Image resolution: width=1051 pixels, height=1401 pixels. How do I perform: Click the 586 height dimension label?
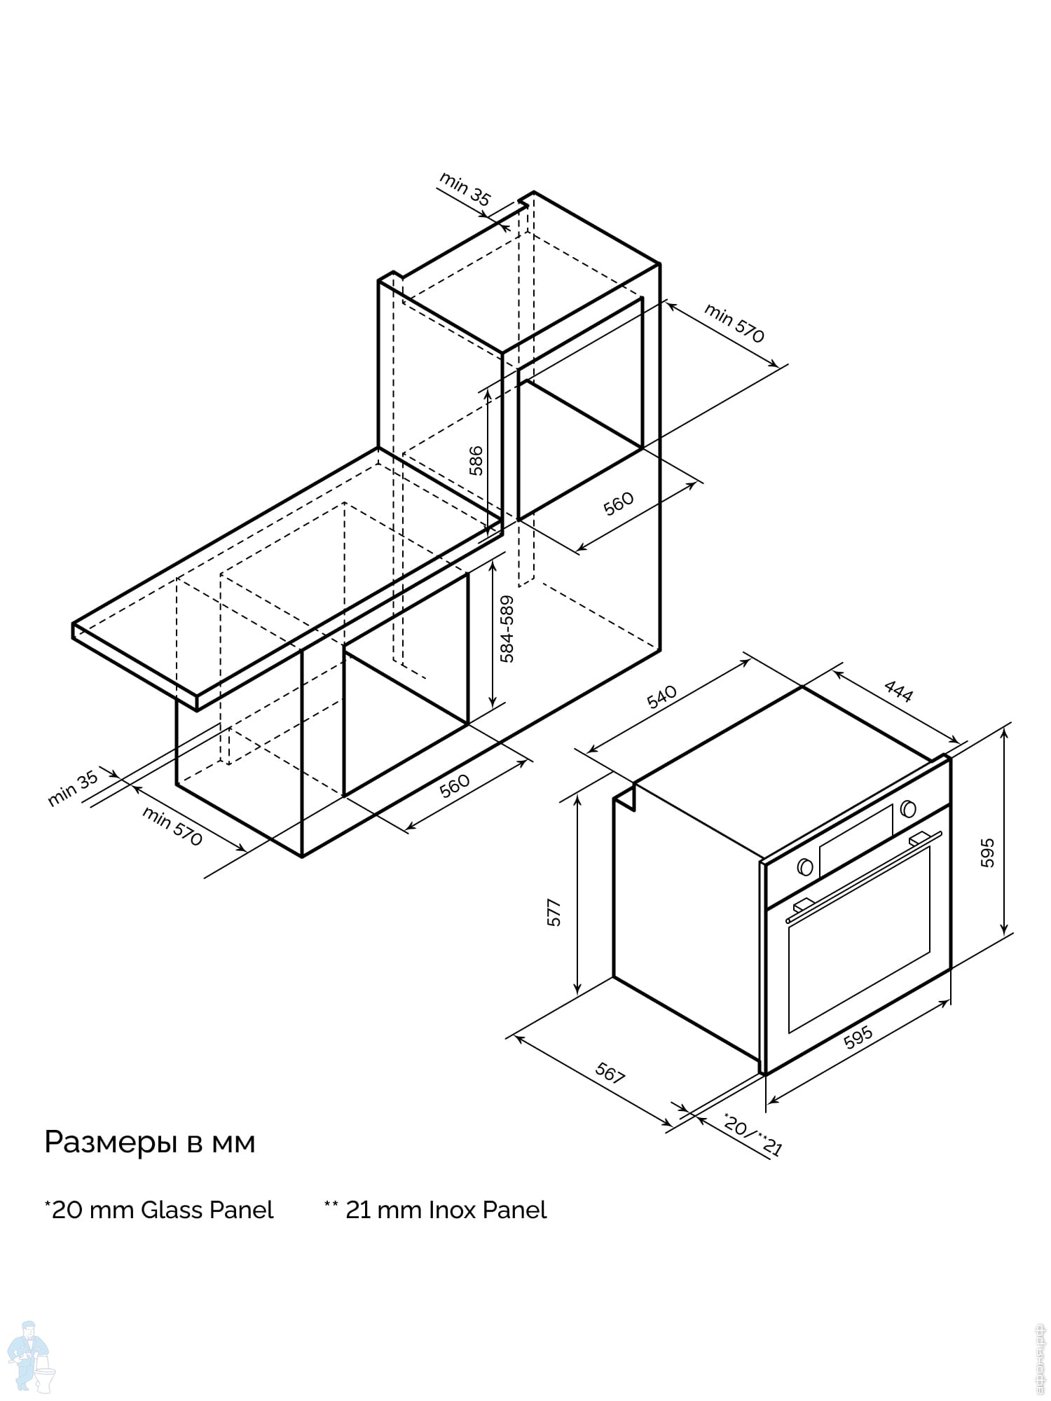476,460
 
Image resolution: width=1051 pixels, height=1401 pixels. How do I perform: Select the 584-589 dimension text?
507,628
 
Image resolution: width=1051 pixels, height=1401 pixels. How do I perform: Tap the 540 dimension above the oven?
661,696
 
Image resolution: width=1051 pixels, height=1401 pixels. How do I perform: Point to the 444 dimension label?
898,691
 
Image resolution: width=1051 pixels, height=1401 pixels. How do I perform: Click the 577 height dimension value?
554,913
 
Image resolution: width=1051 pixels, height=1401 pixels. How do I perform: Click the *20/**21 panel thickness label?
752,1135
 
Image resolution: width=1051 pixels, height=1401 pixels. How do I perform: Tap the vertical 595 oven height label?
987,853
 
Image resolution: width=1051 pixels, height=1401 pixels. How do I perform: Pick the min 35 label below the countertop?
73,789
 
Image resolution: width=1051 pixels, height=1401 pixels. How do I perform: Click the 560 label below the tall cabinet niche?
619,503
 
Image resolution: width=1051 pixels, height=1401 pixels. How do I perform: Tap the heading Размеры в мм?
150,1143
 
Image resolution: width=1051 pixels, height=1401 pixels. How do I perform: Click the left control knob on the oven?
806,867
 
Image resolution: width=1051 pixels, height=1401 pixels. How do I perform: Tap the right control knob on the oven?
909,808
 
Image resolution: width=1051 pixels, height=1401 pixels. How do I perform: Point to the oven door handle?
863,876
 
